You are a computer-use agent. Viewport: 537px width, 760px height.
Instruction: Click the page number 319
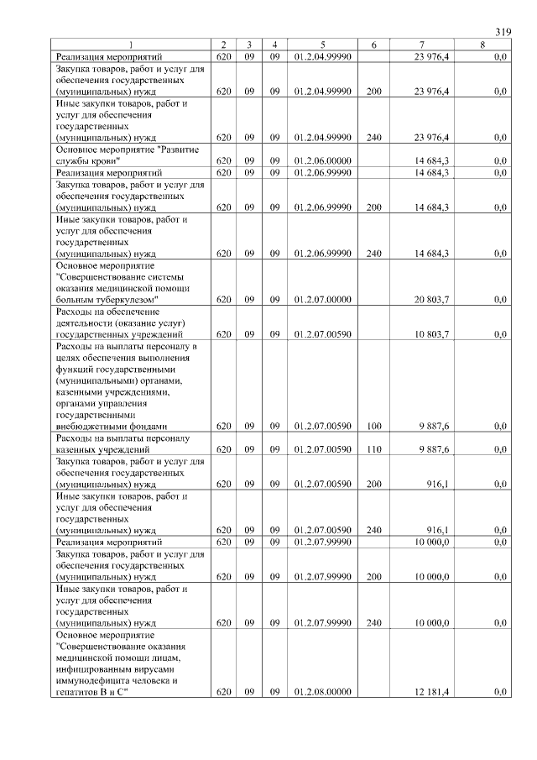click(503, 31)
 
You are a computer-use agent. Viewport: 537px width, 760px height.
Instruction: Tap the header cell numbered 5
click(322, 44)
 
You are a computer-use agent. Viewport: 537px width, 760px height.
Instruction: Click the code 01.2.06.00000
click(322, 160)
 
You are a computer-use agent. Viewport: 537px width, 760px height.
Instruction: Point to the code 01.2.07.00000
click(322, 299)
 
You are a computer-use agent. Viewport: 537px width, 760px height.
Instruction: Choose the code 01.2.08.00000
click(322, 692)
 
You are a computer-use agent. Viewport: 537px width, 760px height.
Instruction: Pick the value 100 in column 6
click(374, 427)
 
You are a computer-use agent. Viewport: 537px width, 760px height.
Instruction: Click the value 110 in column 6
click(374, 450)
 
